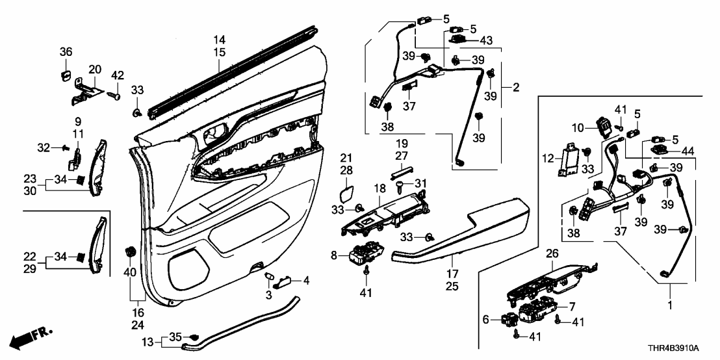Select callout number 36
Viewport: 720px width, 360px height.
point(66,51)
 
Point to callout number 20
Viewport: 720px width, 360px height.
point(95,69)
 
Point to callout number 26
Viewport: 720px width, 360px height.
point(552,253)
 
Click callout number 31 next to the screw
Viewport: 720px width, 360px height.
point(421,181)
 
